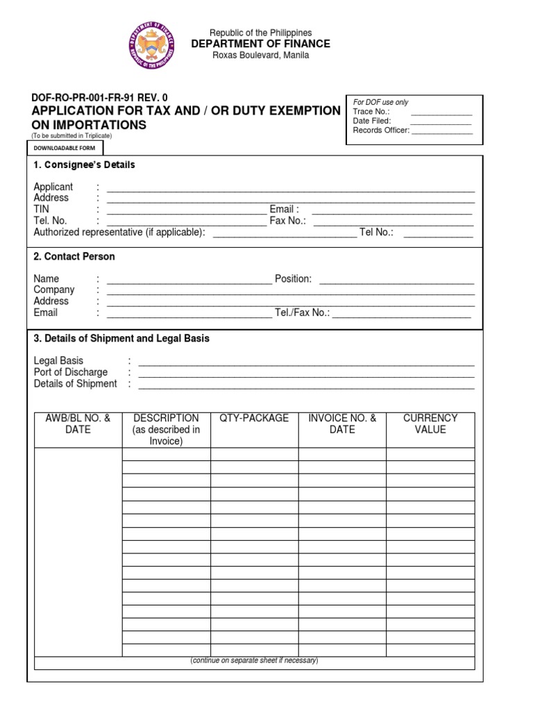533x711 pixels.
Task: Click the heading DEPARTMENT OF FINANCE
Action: (x=260, y=44)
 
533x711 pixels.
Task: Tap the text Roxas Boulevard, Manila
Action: (x=260, y=56)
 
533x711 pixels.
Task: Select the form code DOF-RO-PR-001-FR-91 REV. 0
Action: (x=101, y=98)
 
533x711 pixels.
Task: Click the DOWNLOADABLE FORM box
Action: (x=66, y=147)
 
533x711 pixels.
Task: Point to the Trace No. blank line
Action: (x=441, y=112)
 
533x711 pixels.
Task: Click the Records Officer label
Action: (x=381, y=130)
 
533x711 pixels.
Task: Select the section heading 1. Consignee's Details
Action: (x=84, y=165)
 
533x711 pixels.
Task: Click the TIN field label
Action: (x=42, y=209)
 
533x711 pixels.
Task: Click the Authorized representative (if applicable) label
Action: (x=119, y=233)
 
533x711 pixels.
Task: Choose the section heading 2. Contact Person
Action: (x=74, y=257)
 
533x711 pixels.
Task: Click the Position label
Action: (x=293, y=279)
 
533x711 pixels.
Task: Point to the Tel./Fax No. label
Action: (x=301, y=313)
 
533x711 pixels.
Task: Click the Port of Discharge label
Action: (x=71, y=372)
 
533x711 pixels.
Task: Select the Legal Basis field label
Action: (x=58, y=361)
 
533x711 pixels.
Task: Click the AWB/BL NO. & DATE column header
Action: (x=78, y=424)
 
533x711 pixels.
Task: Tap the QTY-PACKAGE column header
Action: (x=254, y=418)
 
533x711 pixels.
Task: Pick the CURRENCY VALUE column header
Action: (x=430, y=424)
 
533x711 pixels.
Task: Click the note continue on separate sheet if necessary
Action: (x=254, y=660)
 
